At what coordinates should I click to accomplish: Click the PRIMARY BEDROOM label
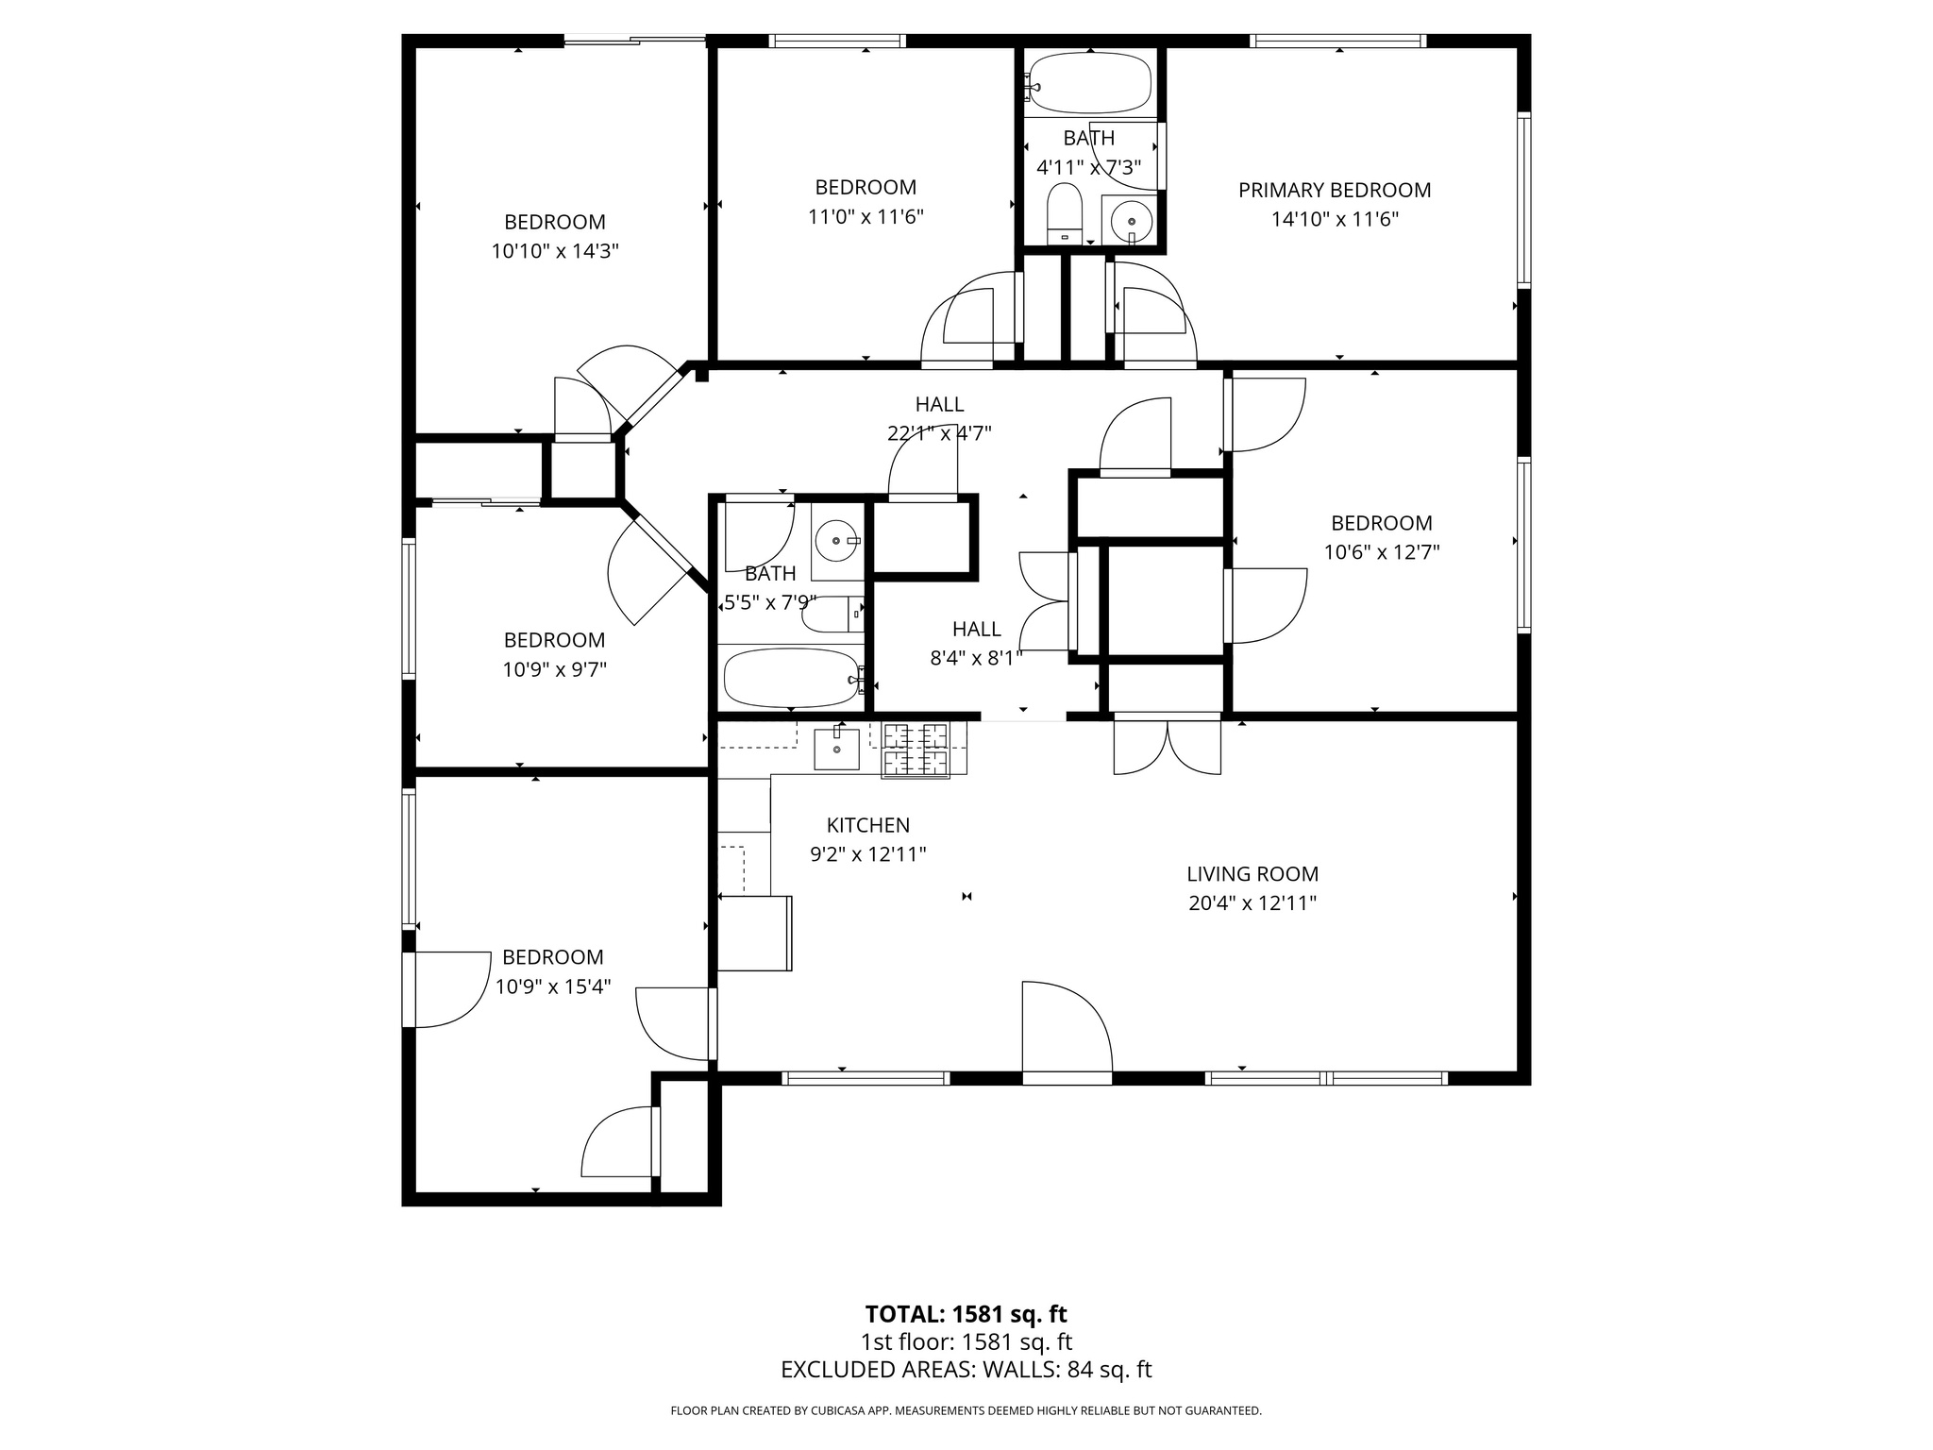(x=1334, y=190)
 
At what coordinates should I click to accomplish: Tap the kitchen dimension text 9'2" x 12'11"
(x=867, y=854)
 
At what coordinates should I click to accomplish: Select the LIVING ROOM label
(x=1252, y=874)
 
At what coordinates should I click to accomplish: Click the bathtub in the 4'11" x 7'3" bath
(x=1091, y=83)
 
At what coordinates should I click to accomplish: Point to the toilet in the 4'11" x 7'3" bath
(x=1064, y=214)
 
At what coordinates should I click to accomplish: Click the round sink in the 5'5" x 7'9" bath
(x=836, y=541)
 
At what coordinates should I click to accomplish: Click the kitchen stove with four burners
(x=915, y=750)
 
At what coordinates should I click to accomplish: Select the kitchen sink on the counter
(x=836, y=749)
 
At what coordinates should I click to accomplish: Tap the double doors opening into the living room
(x=1168, y=746)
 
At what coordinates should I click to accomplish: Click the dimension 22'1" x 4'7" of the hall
(x=938, y=433)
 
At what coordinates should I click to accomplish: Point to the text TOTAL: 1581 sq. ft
(x=966, y=1314)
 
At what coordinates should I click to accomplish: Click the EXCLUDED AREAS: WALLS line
(x=966, y=1370)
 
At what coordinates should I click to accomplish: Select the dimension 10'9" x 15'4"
(x=553, y=986)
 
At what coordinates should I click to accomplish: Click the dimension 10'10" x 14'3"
(x=554, y=251)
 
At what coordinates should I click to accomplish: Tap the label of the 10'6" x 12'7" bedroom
(x=1381, y=523)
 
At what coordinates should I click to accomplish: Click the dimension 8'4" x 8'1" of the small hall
(x=976, y=658)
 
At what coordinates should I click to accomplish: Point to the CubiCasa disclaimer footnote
(x=966, y=1410)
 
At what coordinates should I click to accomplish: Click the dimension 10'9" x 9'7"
(x=554, y=669)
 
